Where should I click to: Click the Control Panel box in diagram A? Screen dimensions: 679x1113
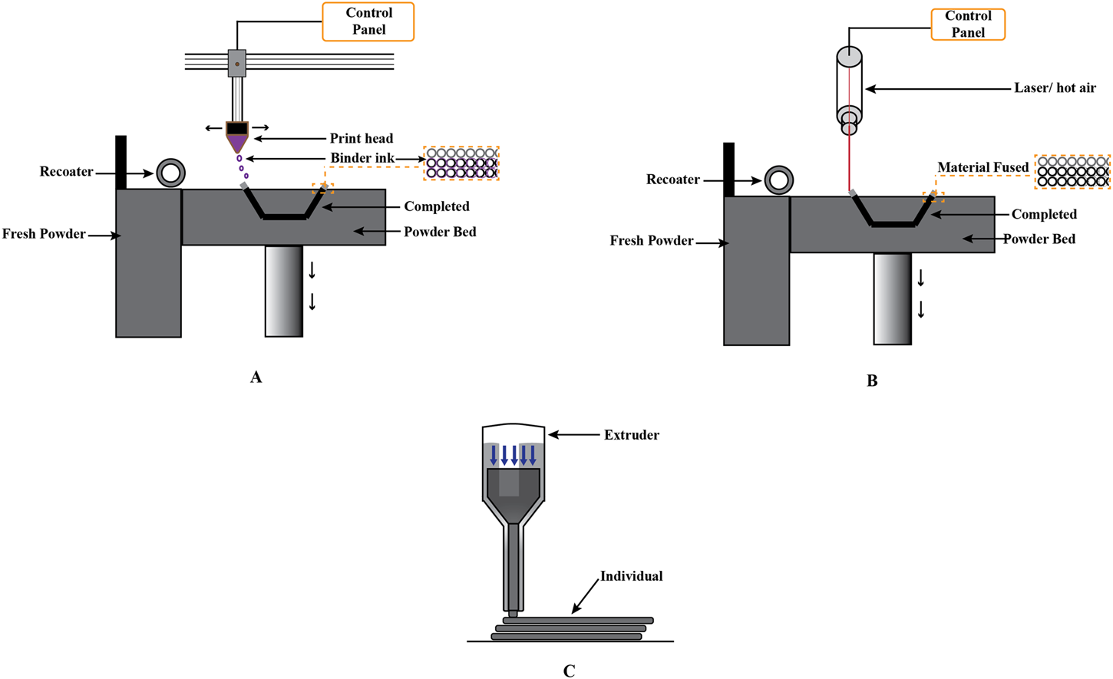[368, 21]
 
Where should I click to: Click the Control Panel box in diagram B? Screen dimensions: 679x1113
[968, 25]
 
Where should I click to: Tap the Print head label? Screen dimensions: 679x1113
[361, 138]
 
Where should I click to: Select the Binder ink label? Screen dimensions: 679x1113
[362, 158]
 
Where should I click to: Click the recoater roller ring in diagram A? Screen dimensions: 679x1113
[170, 173]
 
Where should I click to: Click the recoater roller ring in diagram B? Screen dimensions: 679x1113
[779, 180]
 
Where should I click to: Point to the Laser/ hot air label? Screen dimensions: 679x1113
[1055, 88]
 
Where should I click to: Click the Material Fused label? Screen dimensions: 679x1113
[983, 167]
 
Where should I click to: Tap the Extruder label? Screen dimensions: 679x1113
[631, 435]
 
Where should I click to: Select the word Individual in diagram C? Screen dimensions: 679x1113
[631, 576]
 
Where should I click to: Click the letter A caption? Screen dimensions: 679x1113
[256, 377]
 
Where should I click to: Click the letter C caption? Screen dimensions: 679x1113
[569, 671]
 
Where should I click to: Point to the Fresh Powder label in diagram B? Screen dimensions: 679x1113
[651, 241]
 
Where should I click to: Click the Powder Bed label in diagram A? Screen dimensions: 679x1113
[439, 232]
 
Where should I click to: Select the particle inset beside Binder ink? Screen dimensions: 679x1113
[461, 163]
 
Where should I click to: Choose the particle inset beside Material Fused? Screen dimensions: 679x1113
[1072, 172]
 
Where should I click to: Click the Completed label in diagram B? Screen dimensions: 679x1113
[1044, 214]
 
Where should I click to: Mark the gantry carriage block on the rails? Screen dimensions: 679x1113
[236, 64]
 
